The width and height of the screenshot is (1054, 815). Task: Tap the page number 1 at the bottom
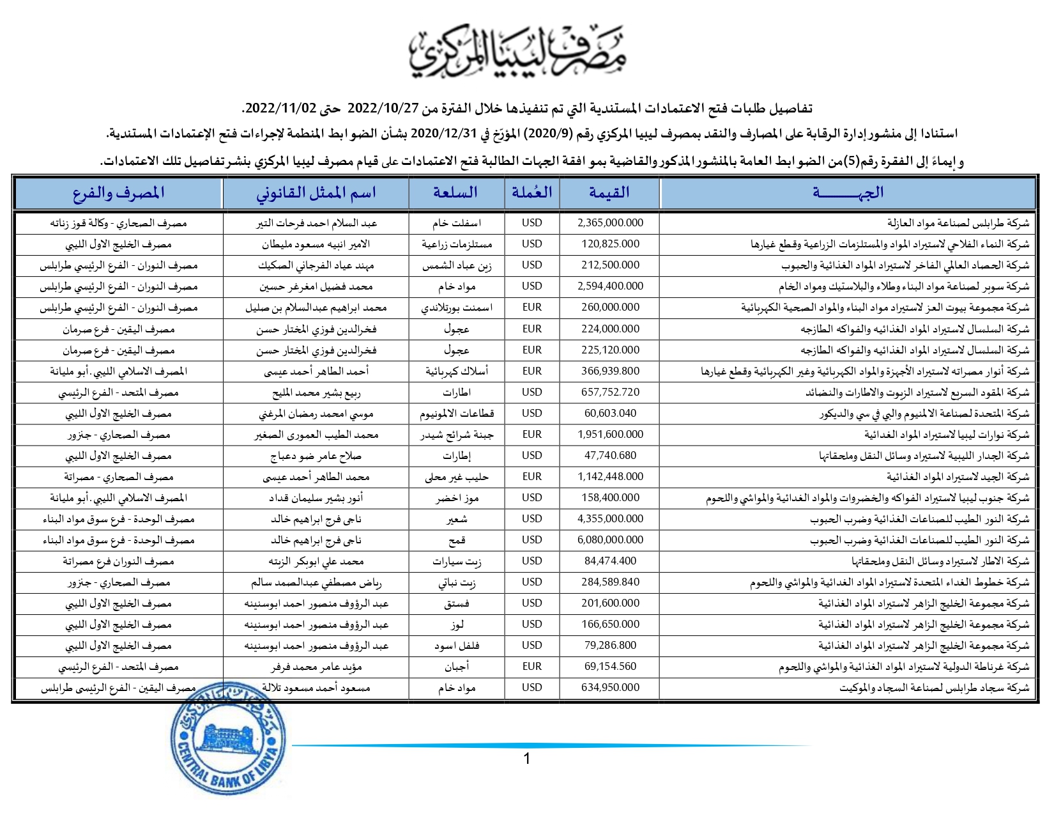[x=527, y=759]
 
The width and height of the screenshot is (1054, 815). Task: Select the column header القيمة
[x=609, y=192]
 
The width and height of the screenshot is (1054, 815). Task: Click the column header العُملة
[x=531, y=192]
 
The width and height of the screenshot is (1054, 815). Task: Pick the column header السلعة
[x=455, y=192]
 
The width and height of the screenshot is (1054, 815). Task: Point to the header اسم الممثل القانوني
[x=316, y=192]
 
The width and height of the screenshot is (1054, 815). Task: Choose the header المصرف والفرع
[x=119, y=192]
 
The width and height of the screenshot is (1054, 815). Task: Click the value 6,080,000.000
[x=610, y=539]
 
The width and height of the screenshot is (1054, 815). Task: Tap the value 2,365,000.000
[x=610, y=222]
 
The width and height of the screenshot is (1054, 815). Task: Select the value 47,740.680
[x=610, y=455]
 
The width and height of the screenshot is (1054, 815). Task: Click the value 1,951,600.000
[x=610, y=434]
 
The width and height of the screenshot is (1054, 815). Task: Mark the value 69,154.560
[x=610, y=666]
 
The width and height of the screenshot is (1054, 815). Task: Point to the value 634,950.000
[x=610, y=687]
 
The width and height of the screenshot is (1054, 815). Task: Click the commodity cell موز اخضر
[x=457, y=497]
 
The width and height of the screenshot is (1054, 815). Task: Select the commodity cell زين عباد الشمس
[x=457, y=265]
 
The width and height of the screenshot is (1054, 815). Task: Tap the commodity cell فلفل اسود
[x=457, y=645]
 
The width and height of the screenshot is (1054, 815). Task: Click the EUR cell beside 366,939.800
[x=531, y=371]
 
